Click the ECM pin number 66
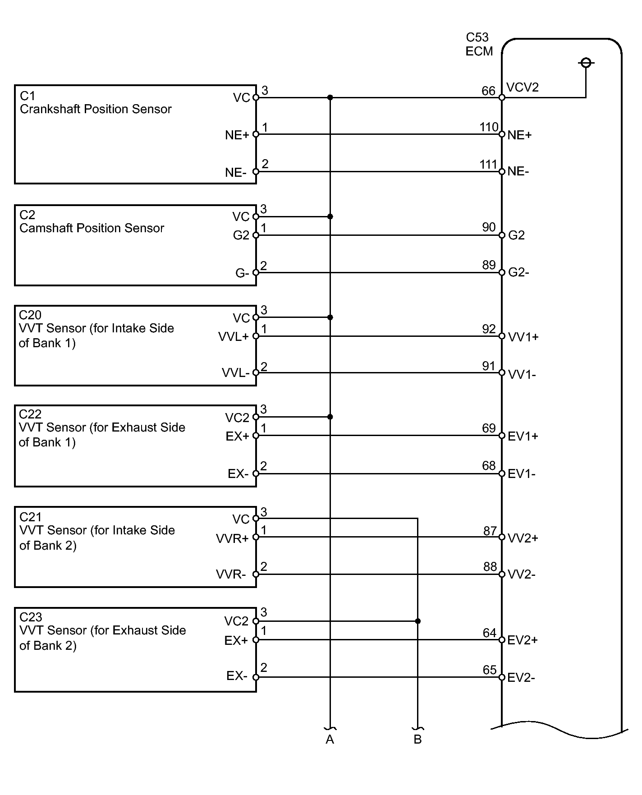pos(488,91)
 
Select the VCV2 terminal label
pos(522,87)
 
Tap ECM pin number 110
pos(489,128)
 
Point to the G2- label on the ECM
pos(518,273)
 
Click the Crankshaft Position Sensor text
pos(96,109)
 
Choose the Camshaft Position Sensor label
pos(92,228)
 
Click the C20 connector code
pos(30,315)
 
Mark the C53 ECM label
pos(478,44)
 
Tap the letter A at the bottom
pos(330,740)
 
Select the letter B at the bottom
pos(417,740)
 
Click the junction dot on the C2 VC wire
pos(330,217)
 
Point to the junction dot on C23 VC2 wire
pos(418,621)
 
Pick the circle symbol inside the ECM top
pos(586,63)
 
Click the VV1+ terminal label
pos(523,337)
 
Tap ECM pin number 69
pos(489,428)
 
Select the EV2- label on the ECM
pos(521,678)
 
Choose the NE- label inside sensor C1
pos(236,173)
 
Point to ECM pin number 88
pos(490,567)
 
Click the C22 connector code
pos(30,414)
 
